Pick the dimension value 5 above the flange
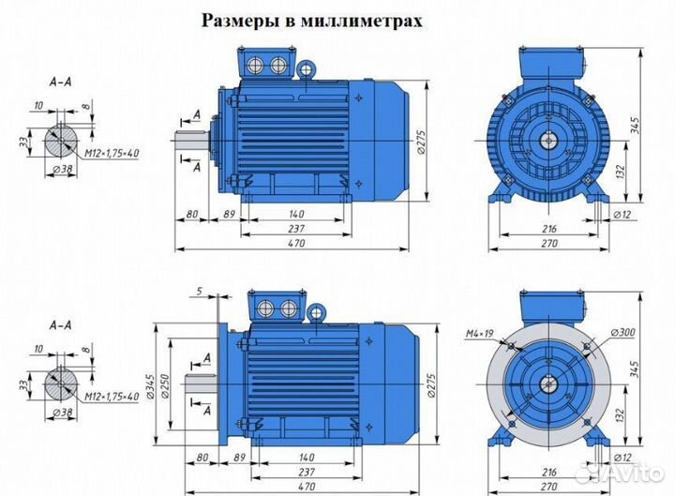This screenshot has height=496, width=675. (x=200, y=292)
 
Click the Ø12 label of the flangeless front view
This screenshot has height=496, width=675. (x=621, y=215)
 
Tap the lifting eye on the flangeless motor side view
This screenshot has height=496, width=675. (x=305, y=68)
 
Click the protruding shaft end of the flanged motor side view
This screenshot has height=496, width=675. (x=198, y=383)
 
